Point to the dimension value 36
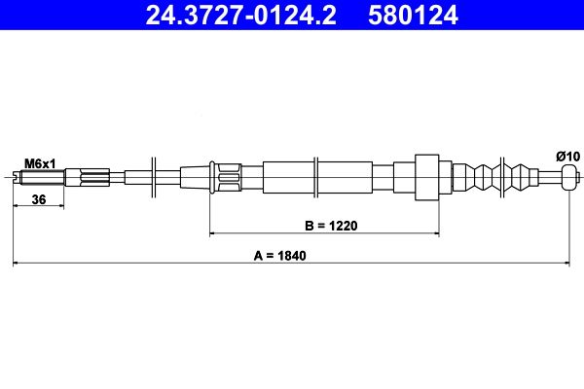tap(40, 199)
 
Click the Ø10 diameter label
tap(567, 156)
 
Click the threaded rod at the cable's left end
tap(43, 177)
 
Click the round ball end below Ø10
tap(569, 177)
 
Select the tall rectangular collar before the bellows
tap(427, 177)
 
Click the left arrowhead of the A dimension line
tap(16, 263)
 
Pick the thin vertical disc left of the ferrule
tap(154, 177)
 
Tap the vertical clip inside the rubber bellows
tap(500, 177)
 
